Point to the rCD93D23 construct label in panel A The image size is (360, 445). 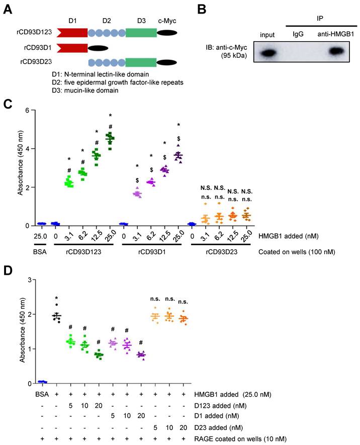[x=34, y=63]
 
